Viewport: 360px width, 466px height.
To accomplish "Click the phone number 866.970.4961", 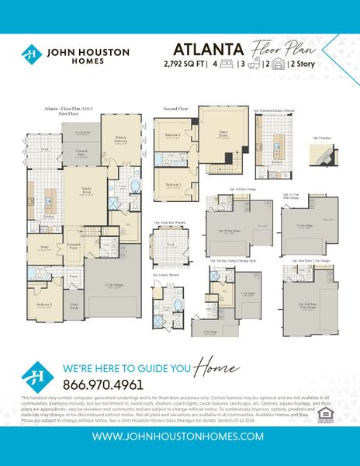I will coord(102,384).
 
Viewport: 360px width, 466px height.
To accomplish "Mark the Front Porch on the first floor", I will coord(74,308).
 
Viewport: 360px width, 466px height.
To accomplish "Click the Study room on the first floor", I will coord(45,249).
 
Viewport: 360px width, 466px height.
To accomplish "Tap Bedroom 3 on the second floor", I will coord(174,185).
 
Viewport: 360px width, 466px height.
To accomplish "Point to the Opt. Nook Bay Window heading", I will coord(171,223).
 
